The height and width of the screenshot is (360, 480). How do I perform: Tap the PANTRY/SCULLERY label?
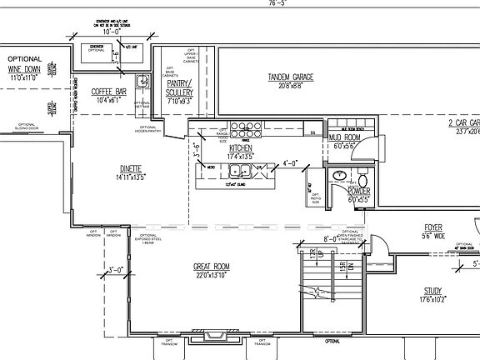click(x=180, y=87)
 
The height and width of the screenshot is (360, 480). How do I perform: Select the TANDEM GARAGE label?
click(x=290, y=77)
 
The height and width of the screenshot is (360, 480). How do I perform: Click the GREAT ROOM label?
click(x=212, y=267)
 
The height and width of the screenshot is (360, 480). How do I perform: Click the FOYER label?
click(x=432, y=227)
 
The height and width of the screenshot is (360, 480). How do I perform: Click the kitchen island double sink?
click(x=243, y=172)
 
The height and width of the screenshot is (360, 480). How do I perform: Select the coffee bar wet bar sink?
click(x=142, y=81)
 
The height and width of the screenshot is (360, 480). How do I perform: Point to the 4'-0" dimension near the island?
click(x=290, y=163)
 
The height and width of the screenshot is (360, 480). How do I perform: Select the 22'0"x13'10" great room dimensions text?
click(x=212, y=276)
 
